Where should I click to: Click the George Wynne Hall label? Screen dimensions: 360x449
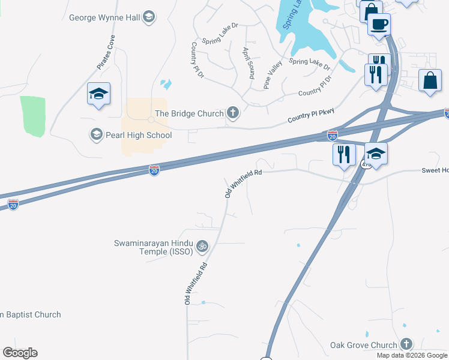[x=105, y=17]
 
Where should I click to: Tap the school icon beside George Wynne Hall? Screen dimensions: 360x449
[x=149, y=17]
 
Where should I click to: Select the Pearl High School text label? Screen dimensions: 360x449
[x=138, y=135]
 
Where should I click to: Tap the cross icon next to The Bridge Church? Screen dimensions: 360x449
[x=233, y=112]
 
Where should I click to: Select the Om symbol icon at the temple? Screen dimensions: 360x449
[x=203, y=245]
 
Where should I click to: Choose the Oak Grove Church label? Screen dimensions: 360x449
[x=364, y=345]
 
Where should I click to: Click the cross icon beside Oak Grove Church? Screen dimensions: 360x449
[x=406, y=344]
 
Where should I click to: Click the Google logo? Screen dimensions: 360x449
[x=20, y=353]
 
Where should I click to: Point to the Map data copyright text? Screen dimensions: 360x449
[x=412, y=355]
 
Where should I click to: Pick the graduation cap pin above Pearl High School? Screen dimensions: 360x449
[x=98, y=94]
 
